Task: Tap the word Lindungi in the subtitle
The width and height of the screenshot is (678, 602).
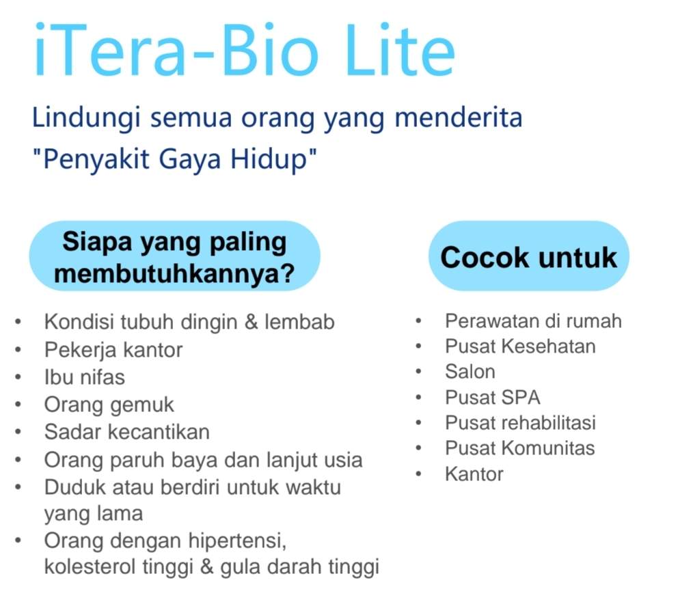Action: pyautogui.click(x=87, y=118)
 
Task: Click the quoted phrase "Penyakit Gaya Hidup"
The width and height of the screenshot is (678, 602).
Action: pyautogui.click(x=175, y=159)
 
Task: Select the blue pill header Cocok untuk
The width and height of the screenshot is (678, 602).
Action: pyautogui.click(x=529, y=257)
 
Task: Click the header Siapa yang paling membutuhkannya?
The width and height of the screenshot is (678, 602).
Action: pyautogui.click(x=175, y=257)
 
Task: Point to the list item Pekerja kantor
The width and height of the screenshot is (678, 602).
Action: pyautogui.click(x=113, y=350)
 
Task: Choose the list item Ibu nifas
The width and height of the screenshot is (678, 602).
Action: pyautogui.click(x=85, y=377)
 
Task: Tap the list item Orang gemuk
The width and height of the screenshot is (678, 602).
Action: pyautogui.click(x=109, y=405)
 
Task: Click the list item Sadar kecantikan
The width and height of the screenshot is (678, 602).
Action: pyautogui.click(x=127, y=432)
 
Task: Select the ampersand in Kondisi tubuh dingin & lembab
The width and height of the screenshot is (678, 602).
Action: pyautogui.click(x=252, y=322)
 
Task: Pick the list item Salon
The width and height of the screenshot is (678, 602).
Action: pyautogui.click(x=470, y=372)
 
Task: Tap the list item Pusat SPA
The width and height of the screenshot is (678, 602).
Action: pyautogui.click(x=493, y=397)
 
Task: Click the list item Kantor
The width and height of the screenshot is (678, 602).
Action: pyautogui.click(x=474, y=474)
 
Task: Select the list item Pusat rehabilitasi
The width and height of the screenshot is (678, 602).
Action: pyautogui.click(x=521, y=423)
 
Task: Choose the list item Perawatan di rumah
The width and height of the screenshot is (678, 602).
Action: pyautogui.click(x=534, y=321)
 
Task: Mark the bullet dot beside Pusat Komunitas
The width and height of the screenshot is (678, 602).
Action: pyautogui.click(x=418, y=448)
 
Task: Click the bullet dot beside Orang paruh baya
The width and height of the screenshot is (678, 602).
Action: pyautogui.click(x=18, y=460)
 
